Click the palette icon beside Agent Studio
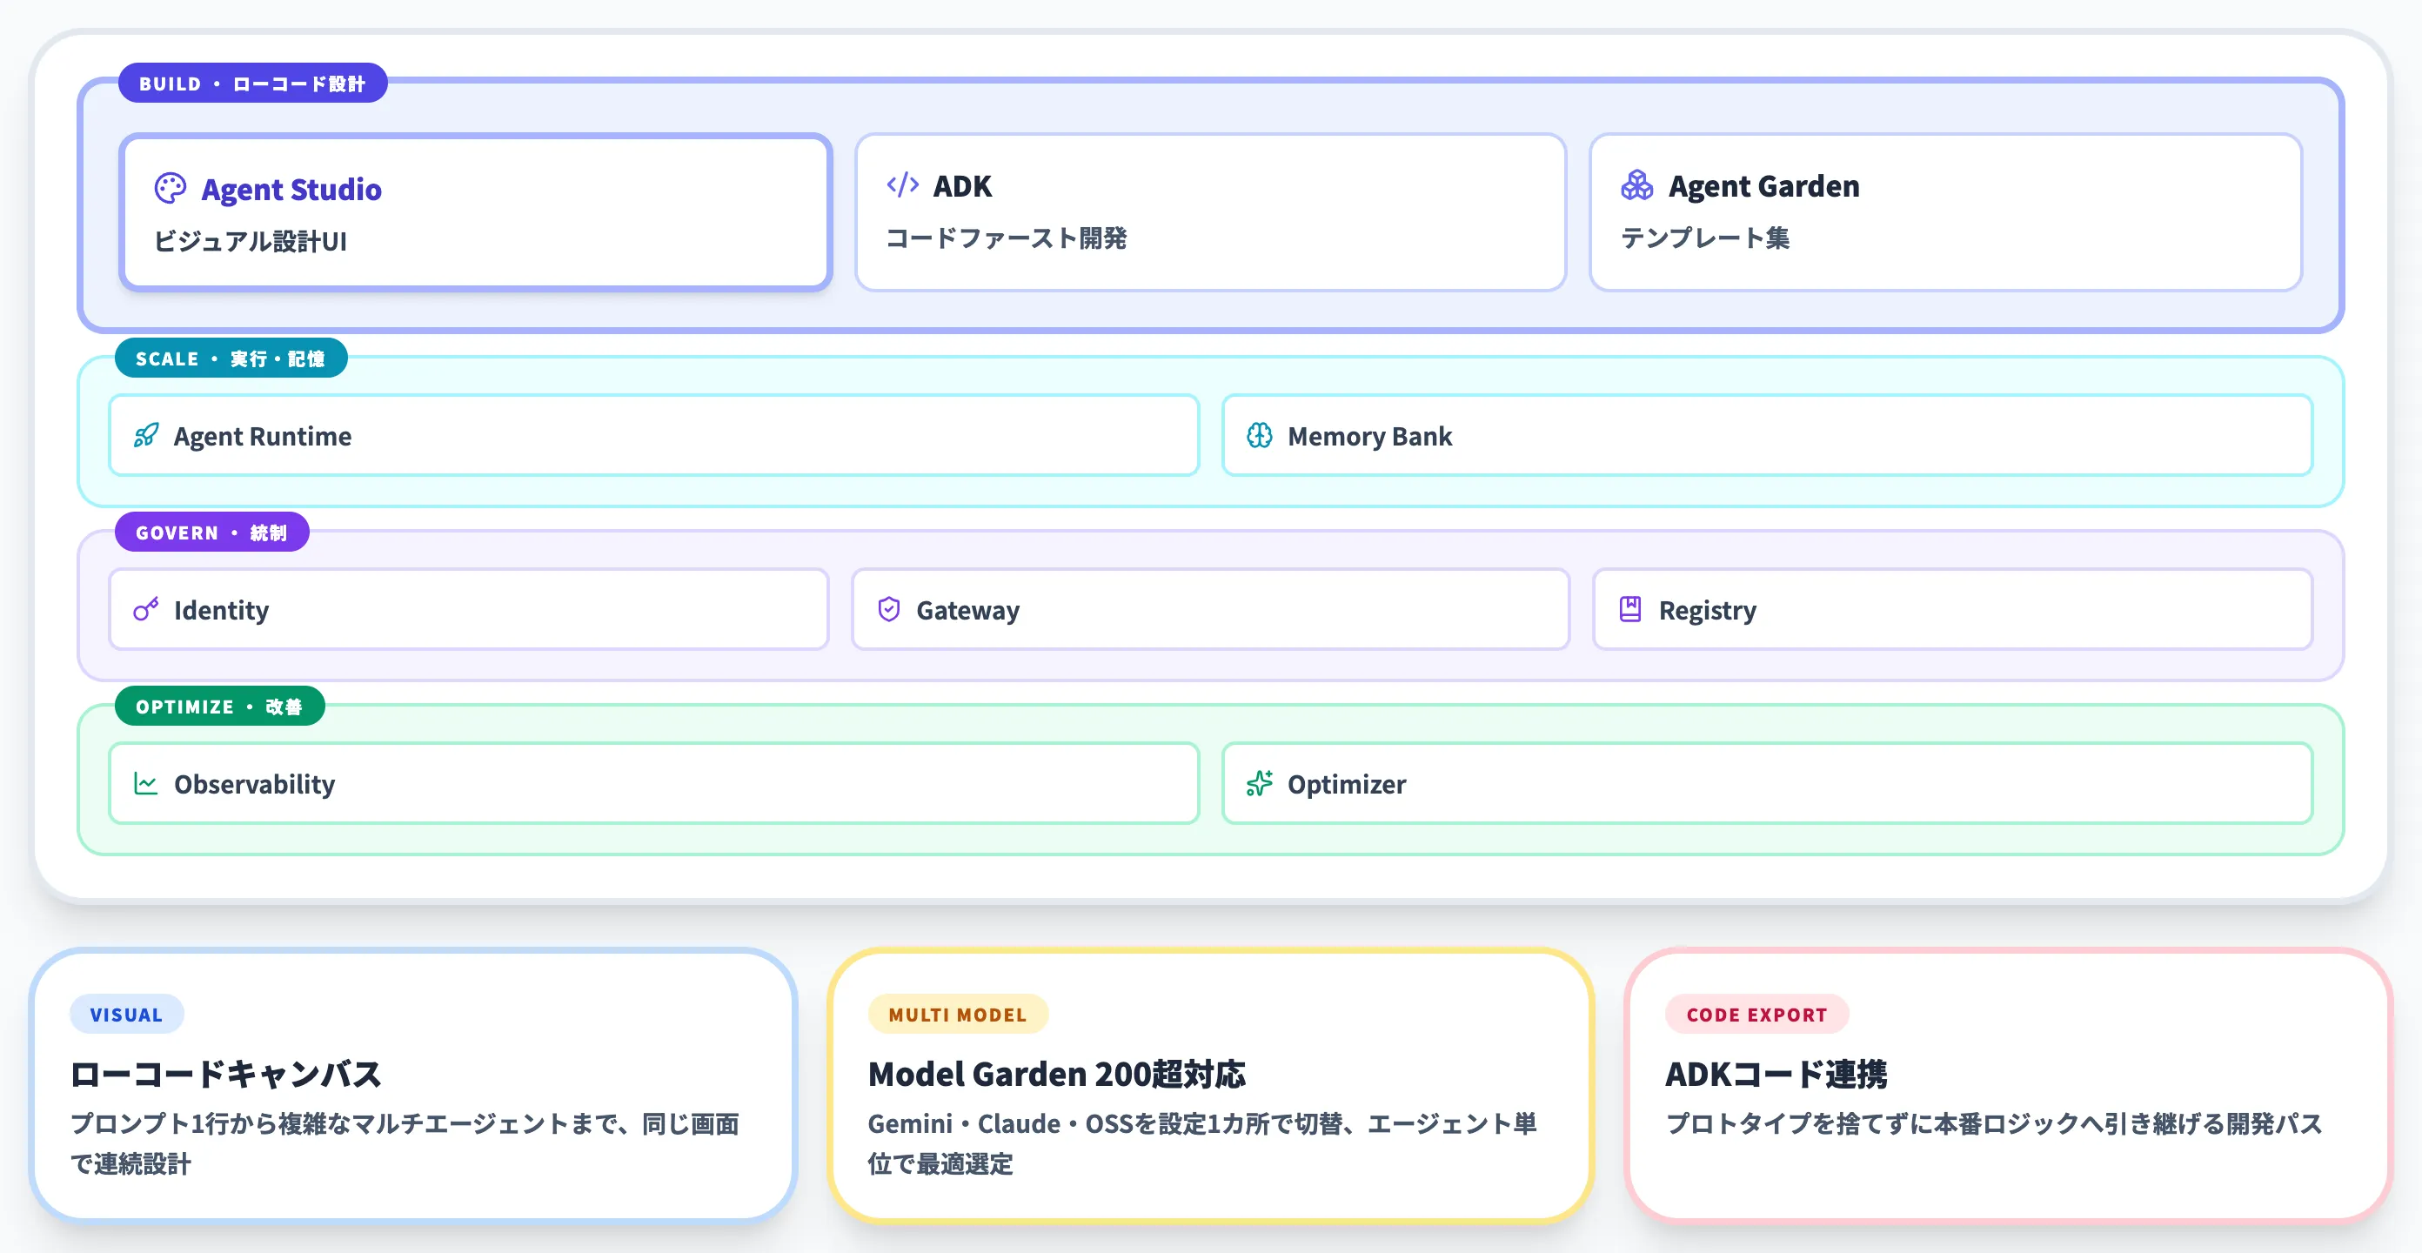tap(171, 188)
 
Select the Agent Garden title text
tap(1763, 186)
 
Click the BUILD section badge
tap(252, 84)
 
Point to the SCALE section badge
tap(231, 358)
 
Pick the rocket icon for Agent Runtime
tap(146, 436)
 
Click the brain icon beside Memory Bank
tap(1259, 436)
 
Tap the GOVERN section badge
tap(211, 533)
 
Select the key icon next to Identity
tap(146, 610)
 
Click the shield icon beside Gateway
tap(888, 610)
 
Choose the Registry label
tap(1707, 611)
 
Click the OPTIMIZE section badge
tap(219, 707)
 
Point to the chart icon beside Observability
tap(146, 784)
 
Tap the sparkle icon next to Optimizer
tap(1259, 784)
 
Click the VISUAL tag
tap(126, 1014)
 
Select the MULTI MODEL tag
tap(957, 1014)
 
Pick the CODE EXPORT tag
tap(1756, 1014)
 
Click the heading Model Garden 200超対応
tap(1056, 1074)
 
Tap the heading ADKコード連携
tap(1775, 1074)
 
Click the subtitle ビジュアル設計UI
tap(250, 242)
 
